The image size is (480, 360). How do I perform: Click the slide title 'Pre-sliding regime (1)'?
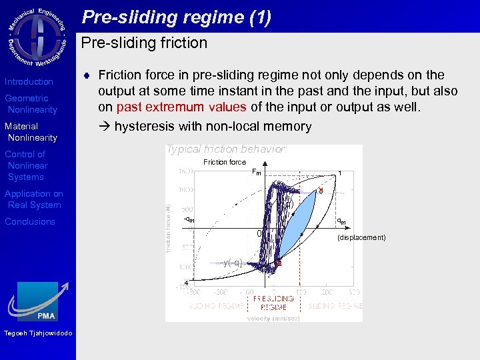coord(177,17)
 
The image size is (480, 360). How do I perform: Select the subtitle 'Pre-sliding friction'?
coord(144,43)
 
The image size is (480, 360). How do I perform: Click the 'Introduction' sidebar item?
coord(29,81)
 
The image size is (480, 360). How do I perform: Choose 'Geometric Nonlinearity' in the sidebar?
coord(31,104)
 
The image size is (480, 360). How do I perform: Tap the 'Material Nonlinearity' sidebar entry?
coord(31,132)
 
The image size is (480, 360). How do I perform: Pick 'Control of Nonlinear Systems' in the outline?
coord(26,165)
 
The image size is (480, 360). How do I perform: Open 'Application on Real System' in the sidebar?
coord(33,199)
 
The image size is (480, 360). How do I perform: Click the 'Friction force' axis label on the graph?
coord(225,162)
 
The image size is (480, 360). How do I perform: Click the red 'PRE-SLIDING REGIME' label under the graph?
coord(273,303)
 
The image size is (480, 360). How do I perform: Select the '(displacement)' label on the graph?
coord(361,237)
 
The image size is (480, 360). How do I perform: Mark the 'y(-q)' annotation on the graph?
coord(233,263)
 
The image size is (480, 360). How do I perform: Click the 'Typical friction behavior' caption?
coord(226,149)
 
